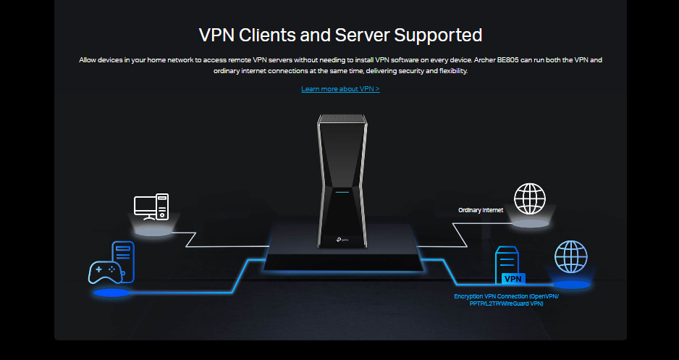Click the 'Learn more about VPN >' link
(x=340, y=89)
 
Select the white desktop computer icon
(x=151, y=206)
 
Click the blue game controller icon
(x=106, y=271)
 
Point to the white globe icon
(x=529, y=199)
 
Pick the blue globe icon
(x=570, y=257)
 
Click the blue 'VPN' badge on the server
(x=513, y=279)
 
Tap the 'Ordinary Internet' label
(x=481, y=210)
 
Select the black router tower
(x=339, y=181)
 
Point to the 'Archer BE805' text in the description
(x=541, y=60)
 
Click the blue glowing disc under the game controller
(x=112, y=293)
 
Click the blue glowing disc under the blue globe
(x=571, y=285)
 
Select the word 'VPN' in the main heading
(x=217, y=34)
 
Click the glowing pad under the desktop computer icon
(x=153, y=232)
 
